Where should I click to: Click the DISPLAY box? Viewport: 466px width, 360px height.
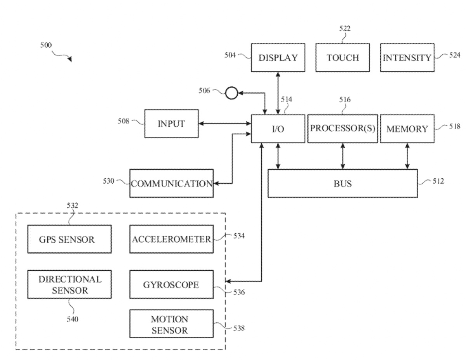[x=278, y=58]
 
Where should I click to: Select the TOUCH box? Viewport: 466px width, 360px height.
[x=342, y=58]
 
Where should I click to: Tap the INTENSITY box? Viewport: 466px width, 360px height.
[x=407, y=58]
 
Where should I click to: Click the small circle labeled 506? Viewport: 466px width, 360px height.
[x=231, y=93]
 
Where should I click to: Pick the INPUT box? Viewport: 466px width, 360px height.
[x=171, y=124]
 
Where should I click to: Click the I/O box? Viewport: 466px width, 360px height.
[x=278, y=129]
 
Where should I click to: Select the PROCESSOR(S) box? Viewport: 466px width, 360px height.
[x=343, y=129]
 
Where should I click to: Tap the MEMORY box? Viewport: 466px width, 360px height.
[x=407, y=129]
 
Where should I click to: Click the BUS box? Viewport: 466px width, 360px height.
[x=343, y=183]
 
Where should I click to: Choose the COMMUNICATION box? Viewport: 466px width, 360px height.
[x=171, y=184]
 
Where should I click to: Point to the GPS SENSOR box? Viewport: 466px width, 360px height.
[x=66, y=239]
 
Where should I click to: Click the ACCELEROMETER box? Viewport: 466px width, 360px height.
[x=171, y=239]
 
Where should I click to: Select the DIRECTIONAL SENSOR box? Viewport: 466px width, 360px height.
[x=66, y=285]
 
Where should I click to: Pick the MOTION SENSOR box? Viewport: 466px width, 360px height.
[x=171, y=325]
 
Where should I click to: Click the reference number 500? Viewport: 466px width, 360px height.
[x=46, y=45]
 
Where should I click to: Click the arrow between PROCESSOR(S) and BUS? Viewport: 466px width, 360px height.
[x=343, y=156]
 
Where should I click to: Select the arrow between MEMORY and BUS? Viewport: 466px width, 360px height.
[x=407, y=156]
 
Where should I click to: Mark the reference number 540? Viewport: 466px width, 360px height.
[x=72, y=319]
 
